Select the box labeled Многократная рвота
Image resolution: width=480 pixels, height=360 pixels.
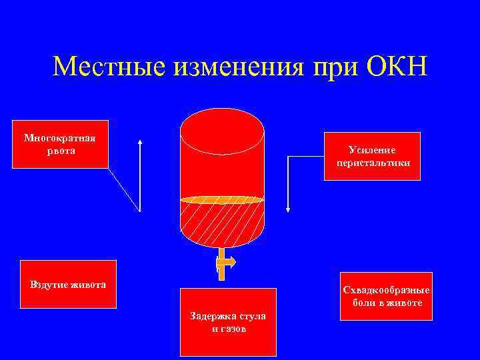pyautogui.click(x=60, y=144)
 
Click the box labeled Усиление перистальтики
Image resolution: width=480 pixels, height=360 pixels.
pyautogui.click(x=373, y=155)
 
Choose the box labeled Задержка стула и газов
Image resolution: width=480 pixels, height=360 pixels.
pyautogui.click(x=228, y=322)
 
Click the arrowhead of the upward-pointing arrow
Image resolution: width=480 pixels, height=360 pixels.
pyautogui.click(x=140, y=143)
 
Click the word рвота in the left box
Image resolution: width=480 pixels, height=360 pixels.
pyautogui.click(x=60, y=151)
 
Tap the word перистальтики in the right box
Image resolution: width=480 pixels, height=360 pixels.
pyautogui.click(x=373, y=162)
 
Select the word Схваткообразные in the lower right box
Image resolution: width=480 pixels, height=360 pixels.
pyautogui.click(x=386, y=291)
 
